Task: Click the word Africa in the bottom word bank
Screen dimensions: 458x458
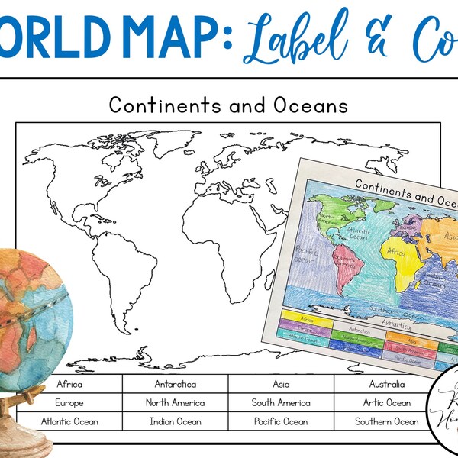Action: click(x=69, y=384)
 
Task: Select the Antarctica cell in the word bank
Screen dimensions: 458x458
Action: click(x=175, y=384)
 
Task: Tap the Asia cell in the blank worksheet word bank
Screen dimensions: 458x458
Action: click(x=280, y=384)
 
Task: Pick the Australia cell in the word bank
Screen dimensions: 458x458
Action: click(x=387, y=384)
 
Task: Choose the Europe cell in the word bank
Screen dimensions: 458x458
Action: click(x=69, y=402)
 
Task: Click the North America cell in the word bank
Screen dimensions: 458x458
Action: click(x=175, y=402)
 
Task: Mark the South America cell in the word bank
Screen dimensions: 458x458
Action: click(x=280, y=402)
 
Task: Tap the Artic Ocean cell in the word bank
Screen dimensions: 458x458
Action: click(x=387, y=402)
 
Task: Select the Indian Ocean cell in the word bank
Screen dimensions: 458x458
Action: click(x=175, y=421)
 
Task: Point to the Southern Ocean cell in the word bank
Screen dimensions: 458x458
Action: click(x=387, y=421)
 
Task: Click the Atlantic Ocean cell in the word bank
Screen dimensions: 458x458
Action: click(x=69, y=421)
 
